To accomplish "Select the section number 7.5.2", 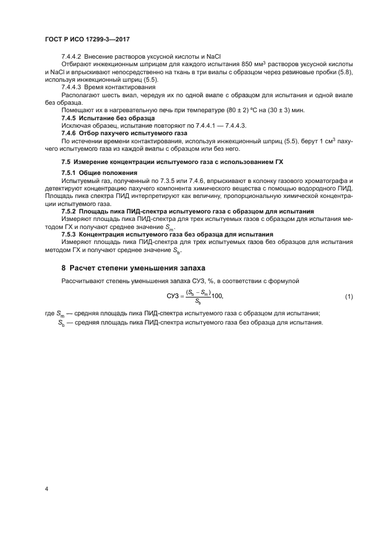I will tap(70, 210).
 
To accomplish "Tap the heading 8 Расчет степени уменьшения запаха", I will tap(133, 268).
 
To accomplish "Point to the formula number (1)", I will tap(348, 296).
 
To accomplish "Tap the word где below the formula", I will tap(50, 313).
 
